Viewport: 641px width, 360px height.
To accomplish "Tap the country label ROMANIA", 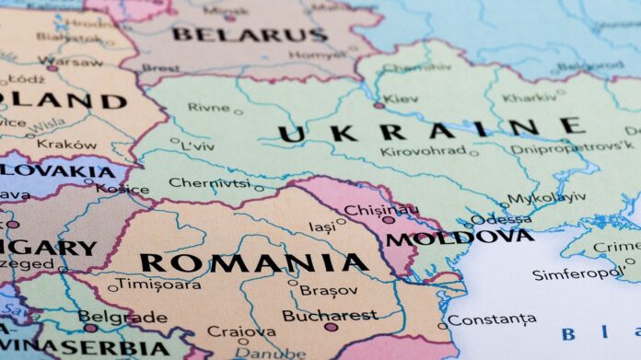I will (x=254, y=262).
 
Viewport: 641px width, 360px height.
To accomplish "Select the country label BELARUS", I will (x=249, y=35).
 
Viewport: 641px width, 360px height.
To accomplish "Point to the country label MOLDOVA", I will (x=459, y=238).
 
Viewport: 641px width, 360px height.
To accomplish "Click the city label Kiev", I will (x=401, y=99).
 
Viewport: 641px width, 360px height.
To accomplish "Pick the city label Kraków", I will (x=67, y=145).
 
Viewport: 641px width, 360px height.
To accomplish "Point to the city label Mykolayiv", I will (x=547, y=197).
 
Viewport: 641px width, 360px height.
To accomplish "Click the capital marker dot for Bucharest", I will (x=332, y=327).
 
